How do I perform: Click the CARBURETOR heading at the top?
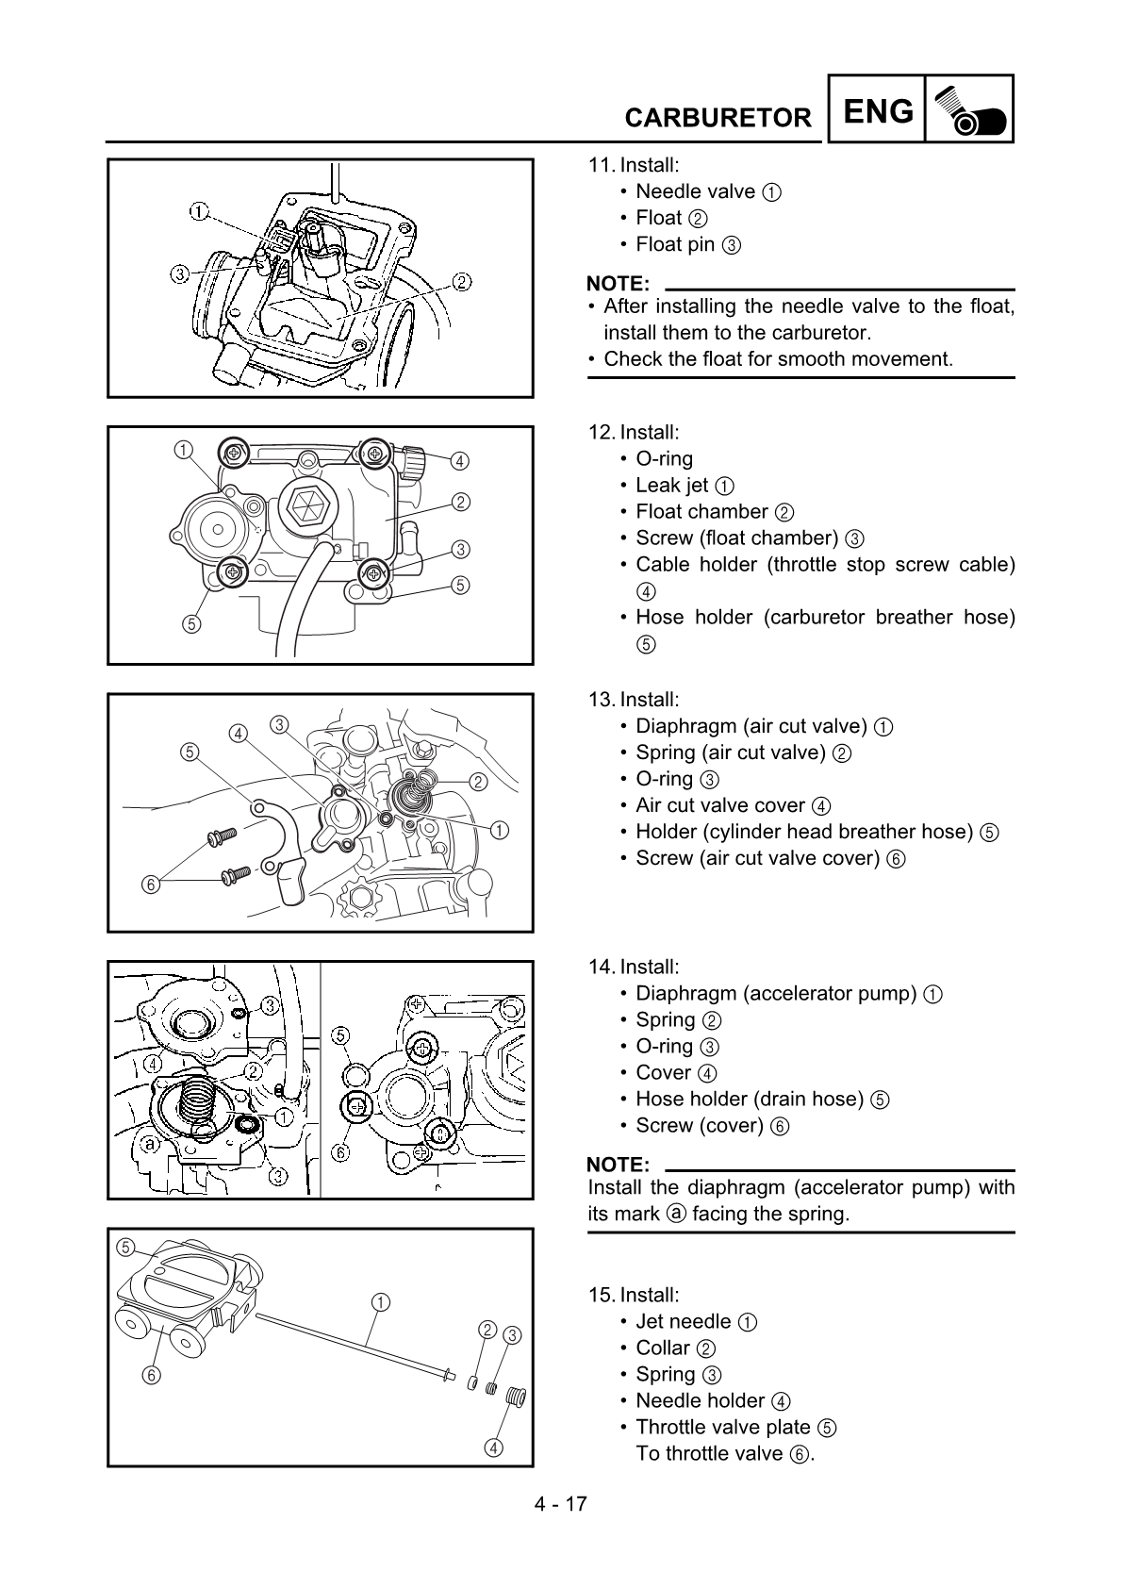click(718, 118)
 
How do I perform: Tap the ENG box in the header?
click(877, 111)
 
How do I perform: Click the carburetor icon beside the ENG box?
click(969, 110)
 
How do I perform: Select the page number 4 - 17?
click(561, 1503)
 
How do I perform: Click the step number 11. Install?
click(633, 165)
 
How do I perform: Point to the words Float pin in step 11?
click(674, 244)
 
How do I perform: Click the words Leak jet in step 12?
click(671, 486)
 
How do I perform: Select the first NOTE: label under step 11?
click(618, 284)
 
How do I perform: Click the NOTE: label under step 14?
click(618, 1165)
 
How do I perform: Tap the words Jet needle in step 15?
click(683, 1321)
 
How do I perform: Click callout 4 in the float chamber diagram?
click(459, 461)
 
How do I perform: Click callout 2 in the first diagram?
click(462, 281)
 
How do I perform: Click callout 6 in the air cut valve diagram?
click(150, 885)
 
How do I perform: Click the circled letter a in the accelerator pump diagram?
click(149, 1145)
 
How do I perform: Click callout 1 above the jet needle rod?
click(380, 1302)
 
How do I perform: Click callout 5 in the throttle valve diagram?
click(124, 1247)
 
